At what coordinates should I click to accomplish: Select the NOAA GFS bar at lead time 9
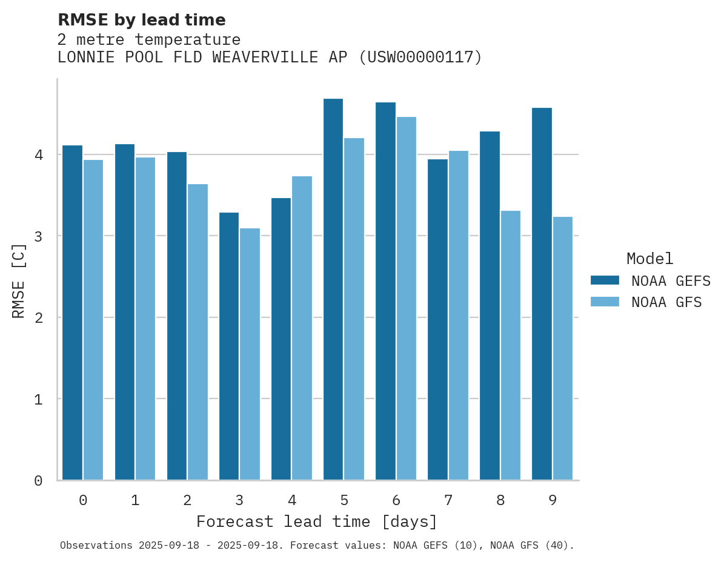[563, 348]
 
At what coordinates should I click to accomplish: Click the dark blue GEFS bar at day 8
[490, 306]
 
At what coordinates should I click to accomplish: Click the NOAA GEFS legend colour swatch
[605, 280]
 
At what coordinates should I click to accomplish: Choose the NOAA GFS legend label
[666, 302]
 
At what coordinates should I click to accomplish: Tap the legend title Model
[649, 259]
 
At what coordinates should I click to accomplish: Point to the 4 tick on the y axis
[38, 155]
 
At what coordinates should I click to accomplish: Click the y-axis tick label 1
[38, 399]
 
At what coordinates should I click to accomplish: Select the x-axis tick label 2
[187, 500]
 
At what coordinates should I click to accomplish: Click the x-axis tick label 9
[552, 500]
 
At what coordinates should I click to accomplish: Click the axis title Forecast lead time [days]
[317, 521]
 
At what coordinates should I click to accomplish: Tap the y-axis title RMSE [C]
[19, 280]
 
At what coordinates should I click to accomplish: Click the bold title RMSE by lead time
[141, 20]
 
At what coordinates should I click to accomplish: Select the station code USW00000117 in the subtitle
[420, 58]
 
